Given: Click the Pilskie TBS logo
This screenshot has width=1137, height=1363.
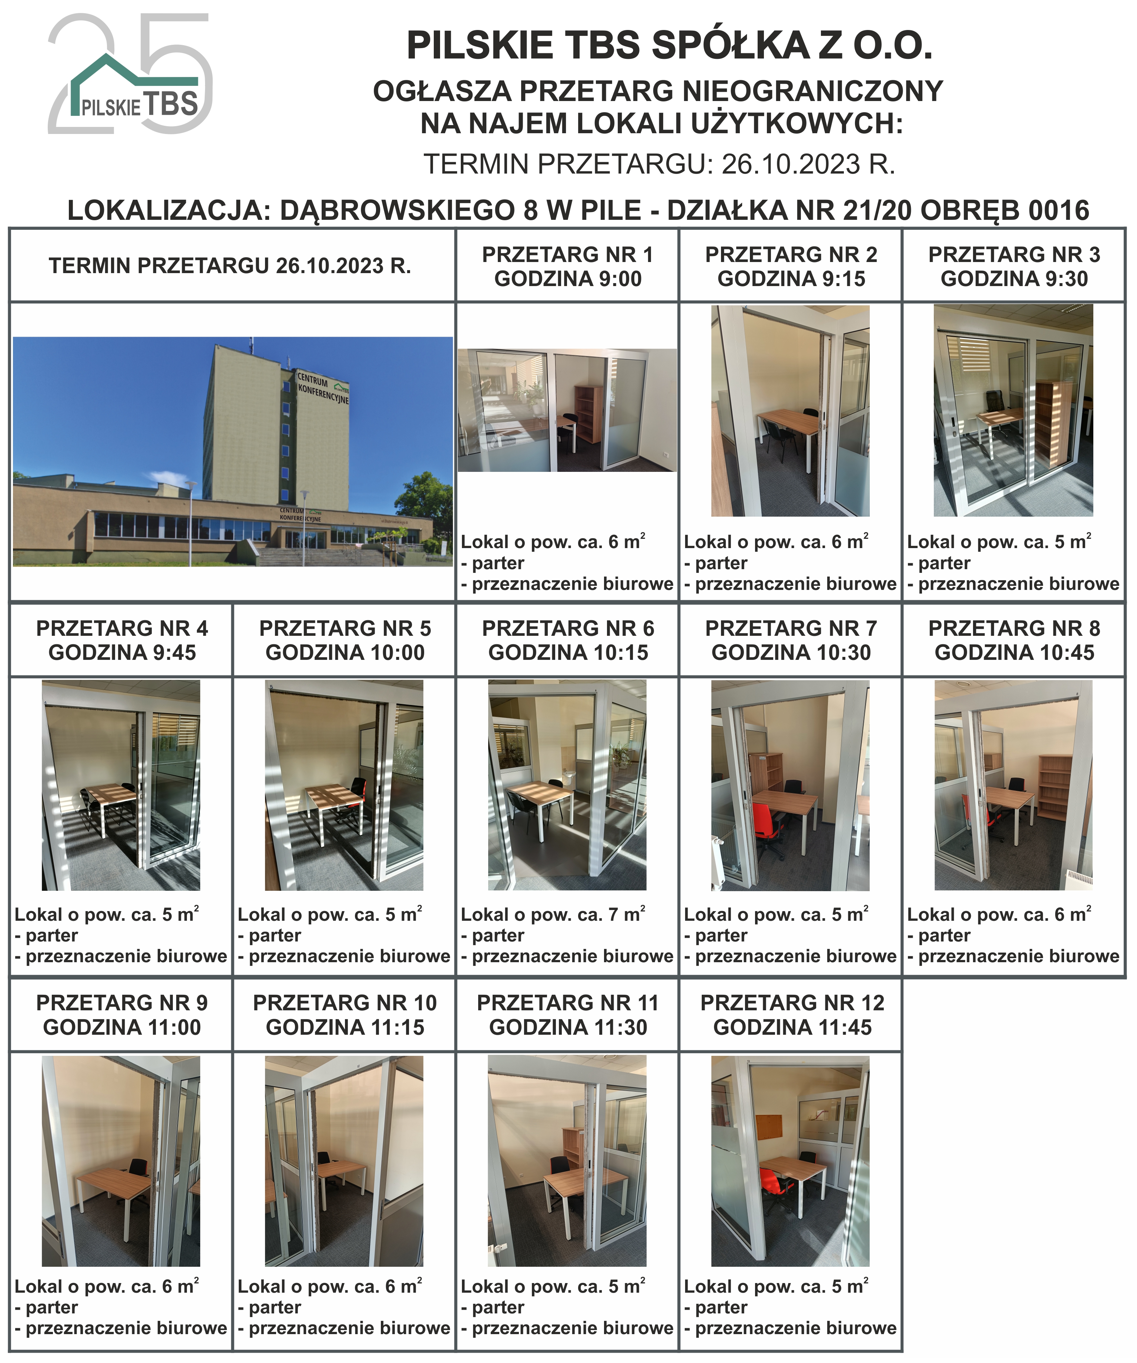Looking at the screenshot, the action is click(x=130, y=73).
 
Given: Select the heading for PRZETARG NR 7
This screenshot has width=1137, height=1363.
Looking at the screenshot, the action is click(x=791, y=640).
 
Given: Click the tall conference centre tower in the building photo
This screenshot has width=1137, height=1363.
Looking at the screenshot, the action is click(x=277, y=429).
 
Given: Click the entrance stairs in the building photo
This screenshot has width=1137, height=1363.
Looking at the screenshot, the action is click(x=318, y=555).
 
